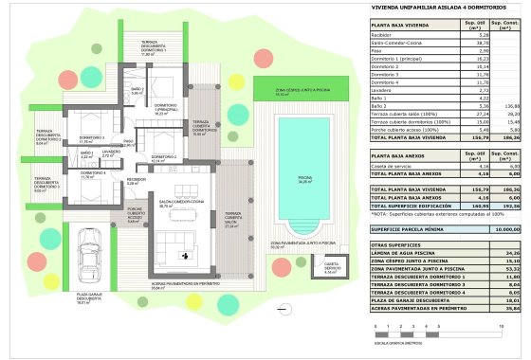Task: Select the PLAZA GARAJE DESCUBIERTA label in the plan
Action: point(63,328)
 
